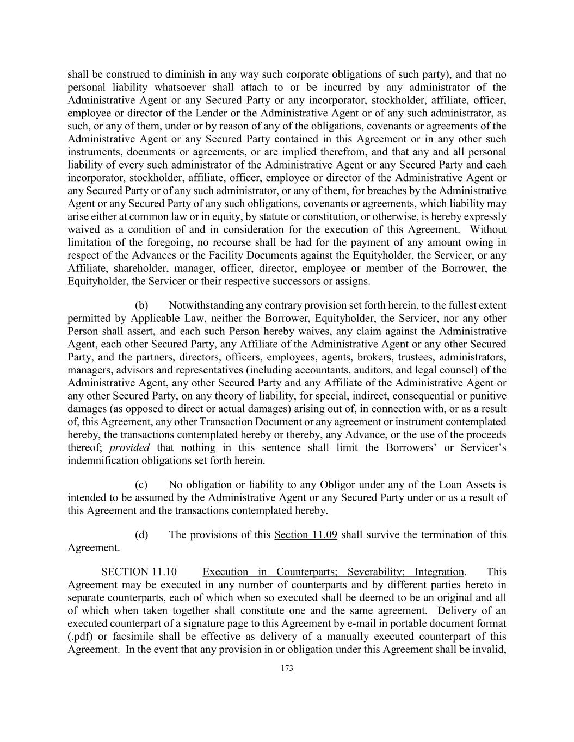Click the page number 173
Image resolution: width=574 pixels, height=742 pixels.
coord(287,669)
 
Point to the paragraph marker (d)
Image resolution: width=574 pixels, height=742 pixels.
coord(141,535)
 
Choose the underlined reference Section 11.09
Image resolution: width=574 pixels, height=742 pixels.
coord(306,535)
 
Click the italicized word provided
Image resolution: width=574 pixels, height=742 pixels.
coord(129,448)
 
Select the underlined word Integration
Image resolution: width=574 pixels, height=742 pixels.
coord(439,572)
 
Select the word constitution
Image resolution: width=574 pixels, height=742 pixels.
coord(321,216)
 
